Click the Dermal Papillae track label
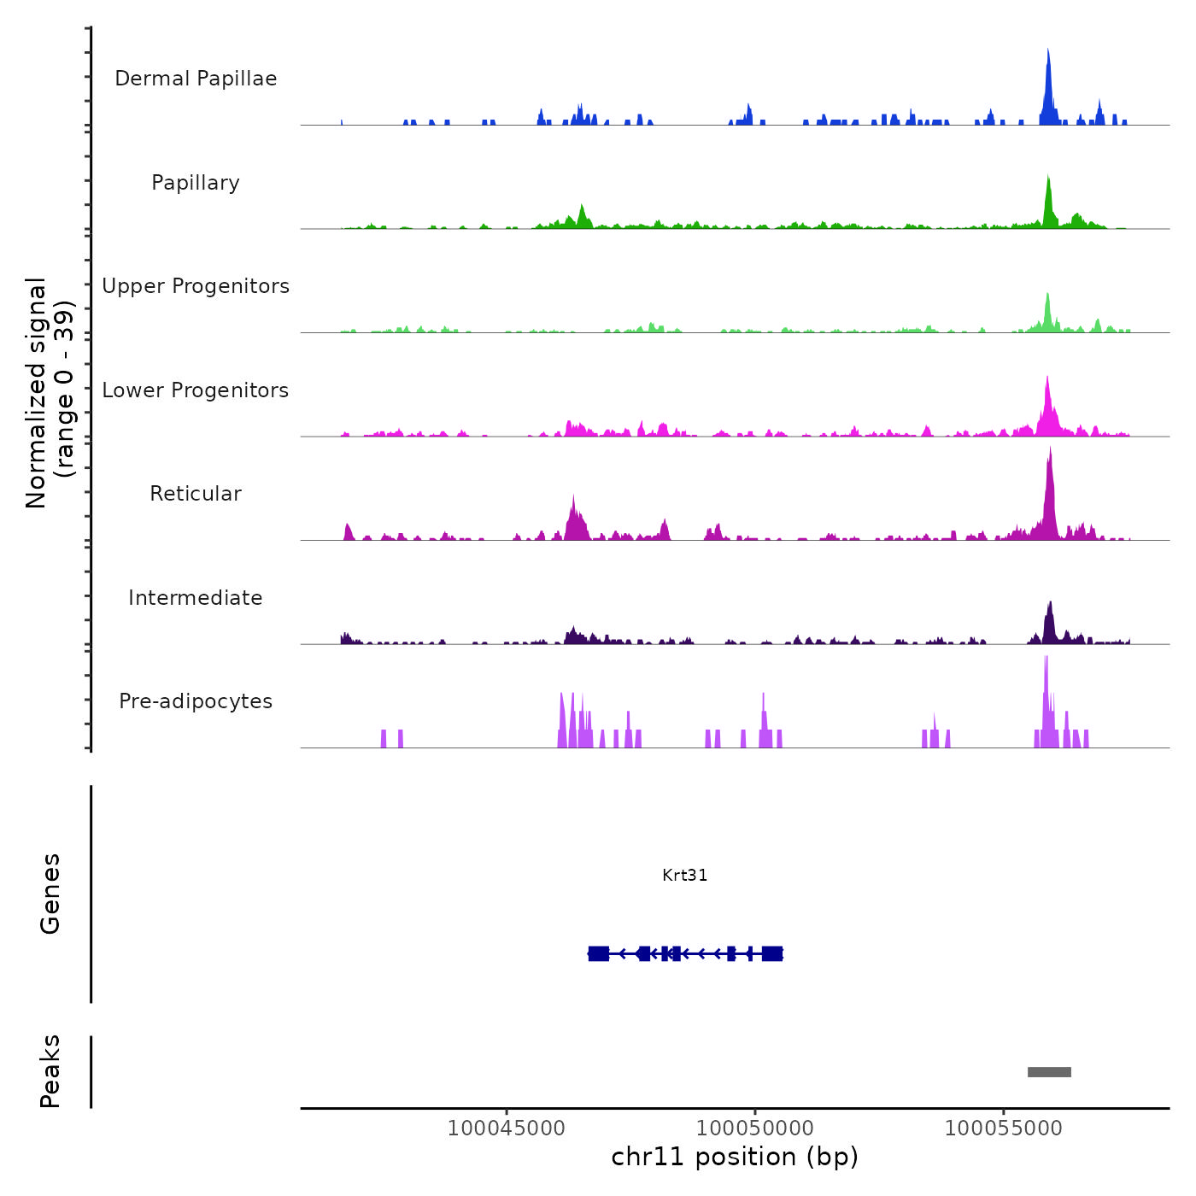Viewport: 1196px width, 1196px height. tap(196, 79)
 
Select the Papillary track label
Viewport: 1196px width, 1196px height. tap(196, 183)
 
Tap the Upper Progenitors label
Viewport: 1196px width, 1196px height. tap(196, 286)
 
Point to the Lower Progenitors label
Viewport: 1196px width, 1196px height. tap(196, 390)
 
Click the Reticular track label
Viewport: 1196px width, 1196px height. tap(196, 494)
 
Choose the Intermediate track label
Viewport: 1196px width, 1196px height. tap(196, 598)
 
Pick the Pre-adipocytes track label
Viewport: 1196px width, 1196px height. tap(196, 701)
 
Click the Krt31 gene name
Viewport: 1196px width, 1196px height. tap(684, 875)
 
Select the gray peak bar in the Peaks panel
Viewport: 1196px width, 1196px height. tap(1049, 1072)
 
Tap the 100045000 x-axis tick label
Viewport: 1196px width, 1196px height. tap(507, 1128)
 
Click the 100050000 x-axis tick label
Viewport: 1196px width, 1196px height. tap(755, 1128)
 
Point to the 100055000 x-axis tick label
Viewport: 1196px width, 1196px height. tap(1004, 1128)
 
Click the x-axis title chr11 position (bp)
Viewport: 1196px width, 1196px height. tap(735, 1157)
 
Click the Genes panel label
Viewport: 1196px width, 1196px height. tap(50, 894)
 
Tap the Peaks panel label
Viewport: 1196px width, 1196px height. tap(50, 1071)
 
